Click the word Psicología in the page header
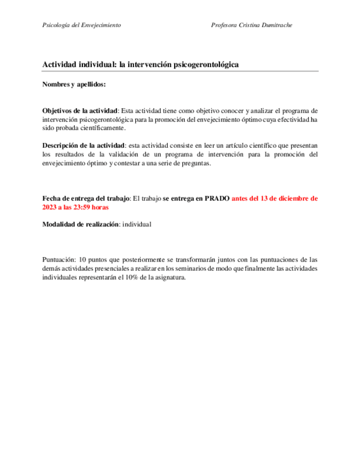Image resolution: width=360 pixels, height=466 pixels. [x=56, y=25]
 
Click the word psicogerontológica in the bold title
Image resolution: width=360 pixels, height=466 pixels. [x=206, y=65]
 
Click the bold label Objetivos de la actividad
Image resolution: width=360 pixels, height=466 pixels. [x=80, y=110]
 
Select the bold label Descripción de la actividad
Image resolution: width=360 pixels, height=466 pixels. [x=84, y=145]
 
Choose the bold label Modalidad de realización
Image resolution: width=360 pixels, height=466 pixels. [x=81, y=224]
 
